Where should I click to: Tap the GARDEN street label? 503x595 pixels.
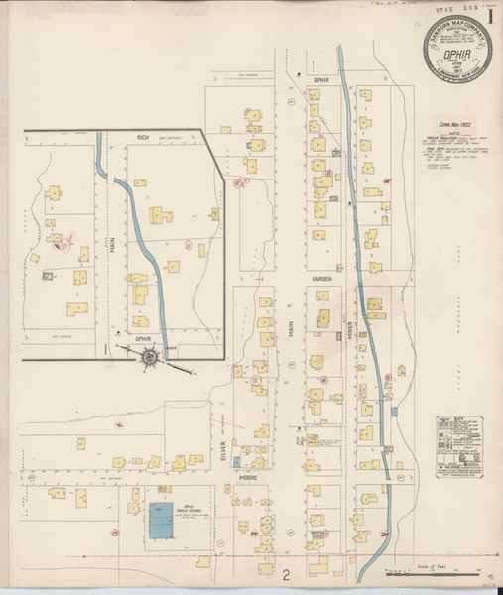(x=321, y=280)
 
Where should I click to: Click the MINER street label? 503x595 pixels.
(x=349, y=339)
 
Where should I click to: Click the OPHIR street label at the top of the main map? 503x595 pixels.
(x=320, y=80)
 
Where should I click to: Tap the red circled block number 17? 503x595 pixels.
(x=256, y=379)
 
